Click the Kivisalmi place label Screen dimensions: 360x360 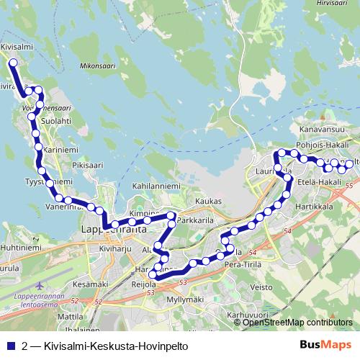coord(17,46)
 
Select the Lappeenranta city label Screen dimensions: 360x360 coord(111,230)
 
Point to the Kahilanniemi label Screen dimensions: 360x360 coord(156,186)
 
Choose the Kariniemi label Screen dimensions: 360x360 coord(60,150)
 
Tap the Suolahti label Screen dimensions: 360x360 coord(57,121)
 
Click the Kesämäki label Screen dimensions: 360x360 coord(91,284)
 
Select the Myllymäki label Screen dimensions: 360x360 coord(185,298)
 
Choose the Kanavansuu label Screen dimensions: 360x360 coord(321,130)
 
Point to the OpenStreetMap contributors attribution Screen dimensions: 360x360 coord(297,323)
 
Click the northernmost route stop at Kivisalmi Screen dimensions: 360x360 coord(12,63)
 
